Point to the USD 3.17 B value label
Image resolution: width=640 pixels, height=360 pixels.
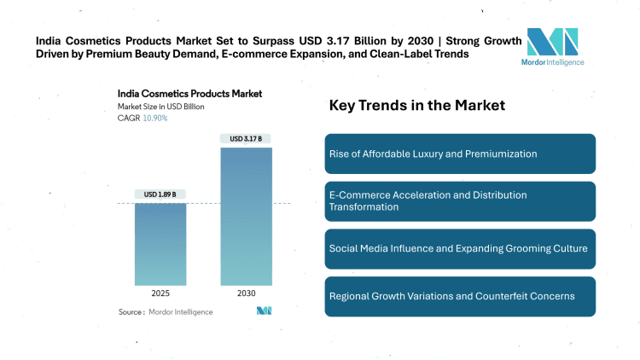pyautogui.click(x=246, y=137)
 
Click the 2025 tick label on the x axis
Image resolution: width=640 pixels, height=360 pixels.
pyautogui.click(x=160, y=293)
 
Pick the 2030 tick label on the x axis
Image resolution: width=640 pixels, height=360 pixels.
pyautogui.click(x=246, y=293)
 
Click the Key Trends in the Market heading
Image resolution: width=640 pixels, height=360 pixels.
pyautogui.click(x=417, y=106)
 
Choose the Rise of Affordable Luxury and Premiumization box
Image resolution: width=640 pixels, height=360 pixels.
pyautogui.click(x=460, y=154)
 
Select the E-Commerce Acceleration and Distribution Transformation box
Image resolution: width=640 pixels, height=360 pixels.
pyautogui.click(x=460, y=200)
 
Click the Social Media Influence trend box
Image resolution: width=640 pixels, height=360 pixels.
pyautogui.click(x=460, y=248)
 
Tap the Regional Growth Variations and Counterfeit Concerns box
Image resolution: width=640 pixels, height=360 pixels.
pyautogui.click(x=460, y=296)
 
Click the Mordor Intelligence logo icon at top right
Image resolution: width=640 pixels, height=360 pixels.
pyautogui.click(x=552, y=43)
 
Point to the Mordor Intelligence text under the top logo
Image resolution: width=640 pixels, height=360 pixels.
pyautogui.click(x=552, y=62)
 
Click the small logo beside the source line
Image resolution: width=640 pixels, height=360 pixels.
pyautogui.click(x=264, y=311)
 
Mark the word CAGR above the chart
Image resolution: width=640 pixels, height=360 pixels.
pyautogui.click(x=128, y=118)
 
